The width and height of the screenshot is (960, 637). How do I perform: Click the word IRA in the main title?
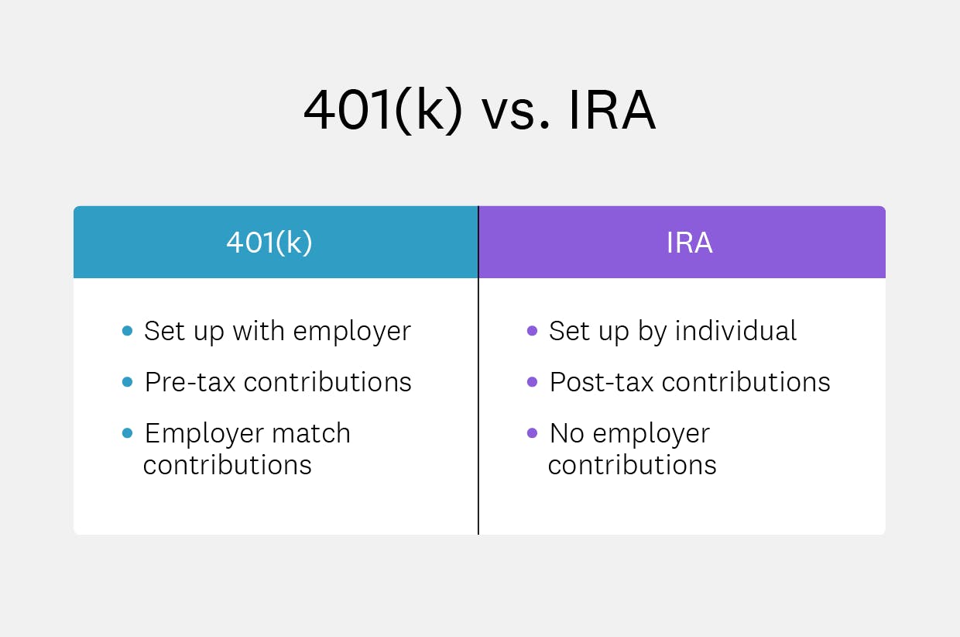tap(612, 111)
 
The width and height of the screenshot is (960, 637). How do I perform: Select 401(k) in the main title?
tap(382, 111)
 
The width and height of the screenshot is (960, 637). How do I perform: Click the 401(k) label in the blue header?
tap(269, 243)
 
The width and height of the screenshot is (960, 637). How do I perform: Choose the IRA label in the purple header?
tap(689, 243)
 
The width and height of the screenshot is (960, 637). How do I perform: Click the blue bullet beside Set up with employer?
tap(127, 332)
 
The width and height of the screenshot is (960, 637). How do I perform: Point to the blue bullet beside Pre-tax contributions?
tap(127, 383)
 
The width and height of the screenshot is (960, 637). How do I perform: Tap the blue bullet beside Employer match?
tap(127, 433)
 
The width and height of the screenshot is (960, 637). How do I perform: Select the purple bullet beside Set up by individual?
tap(532, 332)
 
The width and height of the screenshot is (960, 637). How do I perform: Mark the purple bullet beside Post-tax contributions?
tap(532, 383)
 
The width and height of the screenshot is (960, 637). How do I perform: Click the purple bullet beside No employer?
tap(532, 433)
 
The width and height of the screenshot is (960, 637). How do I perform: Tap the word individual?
tap(736, 331)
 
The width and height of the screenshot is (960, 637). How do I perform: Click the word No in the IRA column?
tap(567, 433)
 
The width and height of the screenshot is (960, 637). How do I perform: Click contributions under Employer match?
tap(228, 465)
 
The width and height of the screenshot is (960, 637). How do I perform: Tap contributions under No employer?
tap(633, 465)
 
